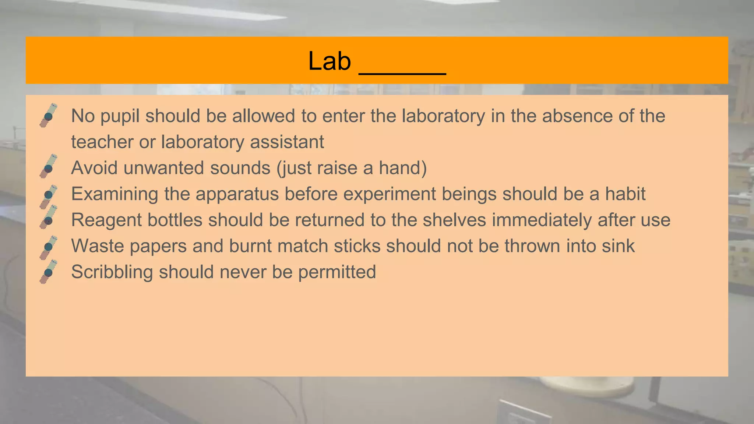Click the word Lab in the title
330,61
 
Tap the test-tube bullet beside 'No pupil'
48,116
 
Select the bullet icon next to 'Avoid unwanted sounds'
48,167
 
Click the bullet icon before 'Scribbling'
48,272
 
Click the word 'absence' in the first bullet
577,116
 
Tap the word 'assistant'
287,142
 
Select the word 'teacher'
102,142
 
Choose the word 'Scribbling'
112,272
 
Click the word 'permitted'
337,272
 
